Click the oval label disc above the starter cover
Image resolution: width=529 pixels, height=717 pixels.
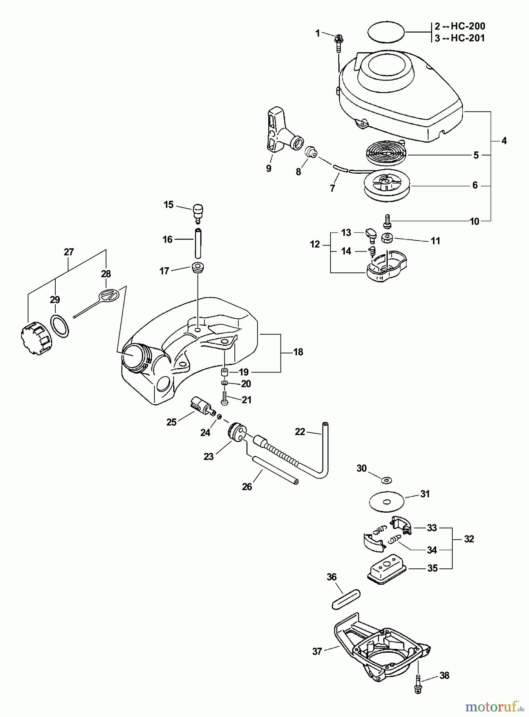(x=386, y=31)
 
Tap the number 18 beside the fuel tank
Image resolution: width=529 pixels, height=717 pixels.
(x=298, y=352)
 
